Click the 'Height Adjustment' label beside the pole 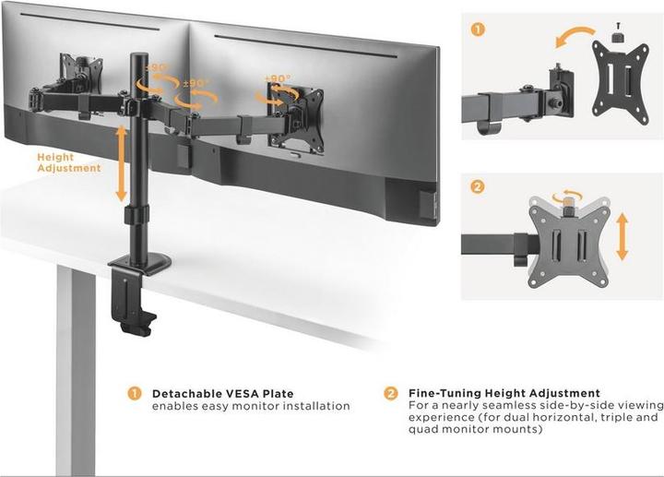click(x=69, y=162)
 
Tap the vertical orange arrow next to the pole click(x=121, y=164)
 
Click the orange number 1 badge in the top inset click(x=477, y=29)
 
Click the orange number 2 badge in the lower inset click(x=477, y=187)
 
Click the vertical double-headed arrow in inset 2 click(x=623, y=235)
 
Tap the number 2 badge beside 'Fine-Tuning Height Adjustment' click(x=391, y=393)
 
